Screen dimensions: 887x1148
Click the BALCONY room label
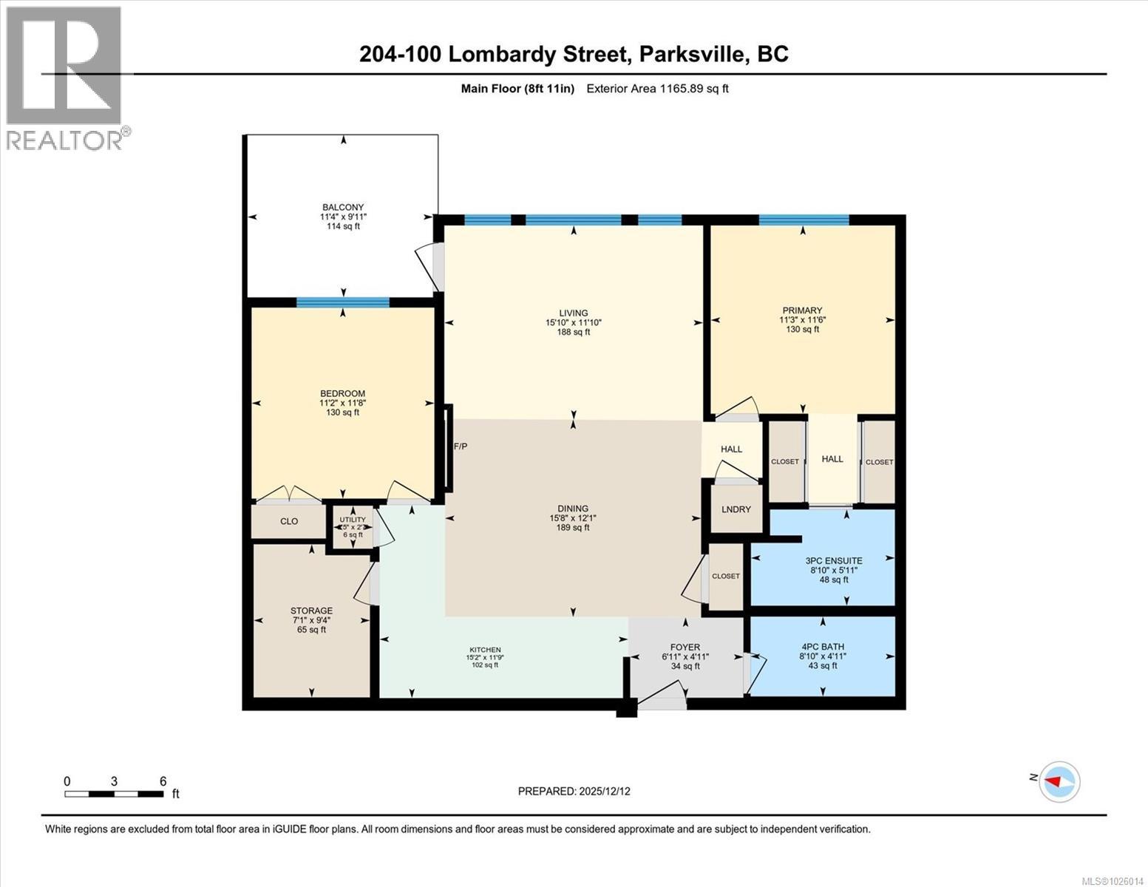[343, 208]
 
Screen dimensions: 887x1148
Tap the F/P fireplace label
[460, 446]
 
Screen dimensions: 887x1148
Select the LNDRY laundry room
[736, 509]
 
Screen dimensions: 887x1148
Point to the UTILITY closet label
[353, 520]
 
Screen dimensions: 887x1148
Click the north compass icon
[1059, 781]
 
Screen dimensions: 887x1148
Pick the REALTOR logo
[65, 78]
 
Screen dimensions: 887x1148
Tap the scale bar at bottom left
[114, 794]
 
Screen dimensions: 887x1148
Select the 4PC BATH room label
[823, 647]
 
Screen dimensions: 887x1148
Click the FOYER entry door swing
[662, 696]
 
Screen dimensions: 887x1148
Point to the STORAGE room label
[311, 611]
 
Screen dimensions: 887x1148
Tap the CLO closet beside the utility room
[289, 521]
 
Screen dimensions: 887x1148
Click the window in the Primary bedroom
[804, 220]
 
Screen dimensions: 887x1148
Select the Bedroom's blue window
[343, 302]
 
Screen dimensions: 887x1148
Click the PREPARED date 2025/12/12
[574, 791]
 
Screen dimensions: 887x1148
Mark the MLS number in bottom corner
[1113, 880]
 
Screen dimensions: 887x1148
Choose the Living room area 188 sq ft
[573, 332]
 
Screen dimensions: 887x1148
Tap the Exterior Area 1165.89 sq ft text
[657, 89]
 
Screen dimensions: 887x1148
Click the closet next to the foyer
[725, 577]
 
